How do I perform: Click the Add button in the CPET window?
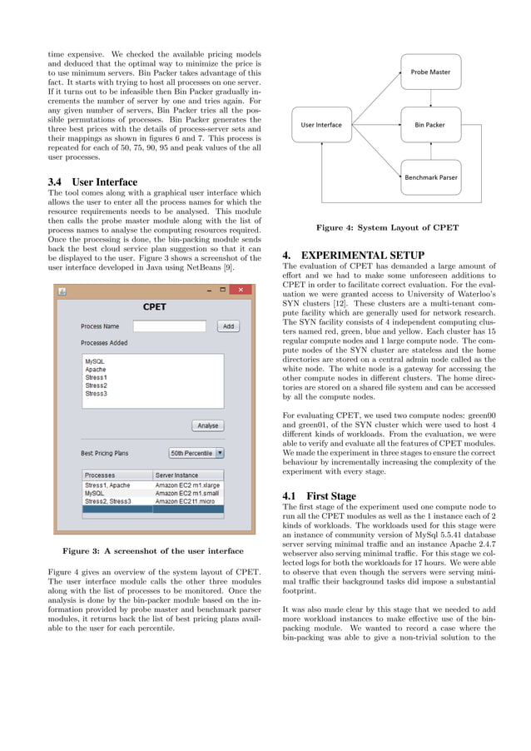(x=228, y=326)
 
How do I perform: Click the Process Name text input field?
(x=169, y=326)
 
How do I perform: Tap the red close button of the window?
(x=241, y=290)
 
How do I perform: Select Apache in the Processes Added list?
(x=96, y=370)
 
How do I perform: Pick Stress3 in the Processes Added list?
(x=96, y=393)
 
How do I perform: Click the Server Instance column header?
(x=189, y=475)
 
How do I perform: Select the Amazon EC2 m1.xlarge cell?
(x=189, y=485)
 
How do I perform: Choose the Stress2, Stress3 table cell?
(x=108, y=501)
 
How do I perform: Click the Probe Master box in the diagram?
(x=430, y=72)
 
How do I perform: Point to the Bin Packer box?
(x=430, y=125)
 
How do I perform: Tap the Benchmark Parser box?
(x=430, y=177)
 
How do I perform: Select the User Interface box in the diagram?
(x=321, y=125)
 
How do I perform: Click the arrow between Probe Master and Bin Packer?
(x=430, y=98)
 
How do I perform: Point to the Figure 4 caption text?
(x=388, y=227)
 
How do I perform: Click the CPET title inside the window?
(x=154, y=306)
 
